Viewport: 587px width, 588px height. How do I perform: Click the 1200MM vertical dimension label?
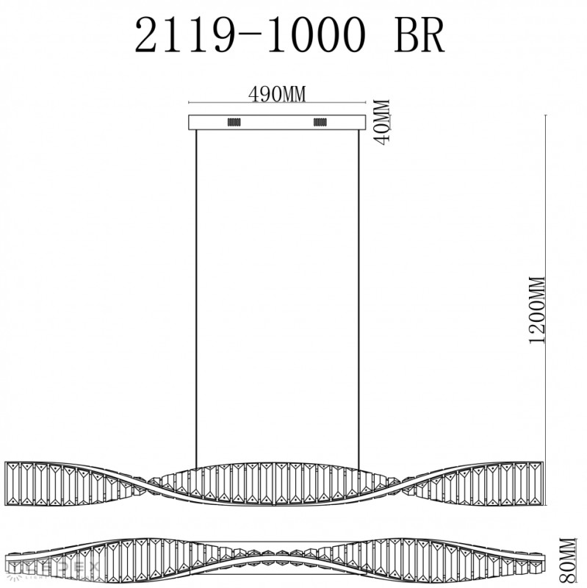535,311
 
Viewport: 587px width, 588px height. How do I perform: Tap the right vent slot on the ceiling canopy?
320,122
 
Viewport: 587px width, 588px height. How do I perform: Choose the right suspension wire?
359,294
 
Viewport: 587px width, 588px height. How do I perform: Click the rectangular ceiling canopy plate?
276,122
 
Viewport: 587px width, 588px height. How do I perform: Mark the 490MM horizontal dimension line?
276,102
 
